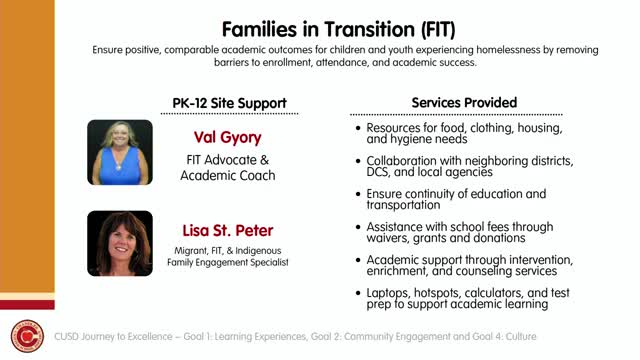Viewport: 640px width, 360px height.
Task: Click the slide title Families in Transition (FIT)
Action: tap(338, 29)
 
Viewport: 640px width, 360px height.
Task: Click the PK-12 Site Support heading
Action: tap(229, 103)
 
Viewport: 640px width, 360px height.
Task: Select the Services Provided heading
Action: tap(464, 102)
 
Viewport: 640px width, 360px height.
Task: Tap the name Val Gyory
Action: tap(227, 138)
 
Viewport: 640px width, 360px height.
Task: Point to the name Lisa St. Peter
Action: tap(227, 231)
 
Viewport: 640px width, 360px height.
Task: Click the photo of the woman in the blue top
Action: tap(120, 152)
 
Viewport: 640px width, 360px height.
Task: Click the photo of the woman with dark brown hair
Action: tap(120, 243)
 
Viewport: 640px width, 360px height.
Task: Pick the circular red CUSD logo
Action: tap(27, 336)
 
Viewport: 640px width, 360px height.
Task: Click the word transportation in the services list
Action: tap(403, 205)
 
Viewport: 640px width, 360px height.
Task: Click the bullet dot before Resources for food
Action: tap(358, 128)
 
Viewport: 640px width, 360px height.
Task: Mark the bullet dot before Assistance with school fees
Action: tap(358, 227)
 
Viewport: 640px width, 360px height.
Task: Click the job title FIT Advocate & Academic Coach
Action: tap(228, 168)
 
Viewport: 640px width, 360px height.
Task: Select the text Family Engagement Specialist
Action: tap(228, 262)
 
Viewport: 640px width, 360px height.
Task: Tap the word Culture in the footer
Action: tap(521, 337)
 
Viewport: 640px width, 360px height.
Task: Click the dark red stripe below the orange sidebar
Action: tap(27, 305)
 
